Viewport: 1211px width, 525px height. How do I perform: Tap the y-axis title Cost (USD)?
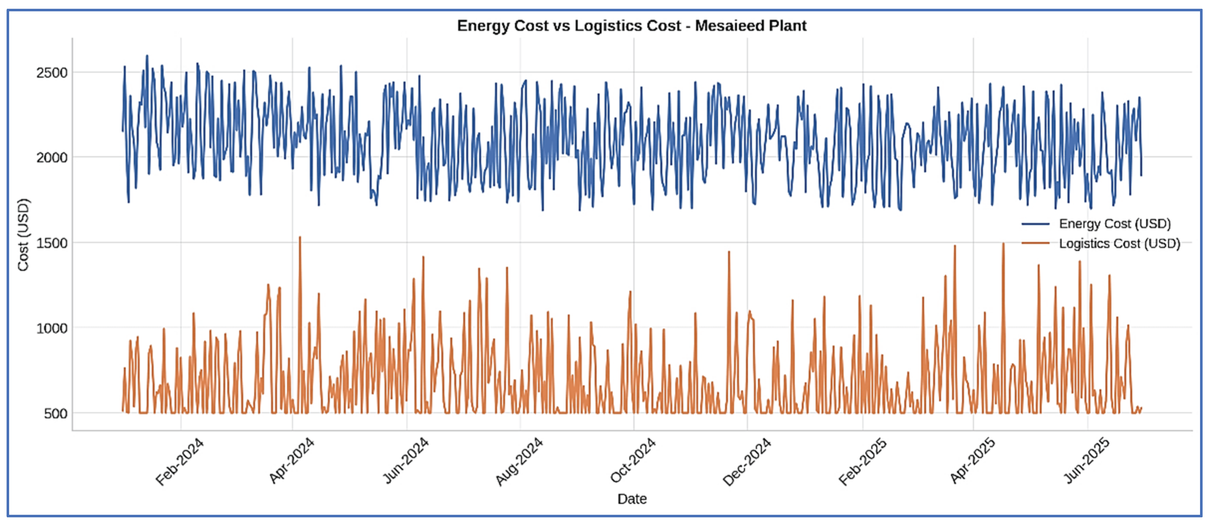23,235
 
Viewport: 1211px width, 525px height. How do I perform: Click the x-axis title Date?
632,499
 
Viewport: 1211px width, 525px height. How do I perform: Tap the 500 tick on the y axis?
56,414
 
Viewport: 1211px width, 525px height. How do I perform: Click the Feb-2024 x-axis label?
179,461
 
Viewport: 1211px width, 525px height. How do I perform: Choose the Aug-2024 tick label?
519,461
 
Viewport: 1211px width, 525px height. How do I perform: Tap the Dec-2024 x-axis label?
746,461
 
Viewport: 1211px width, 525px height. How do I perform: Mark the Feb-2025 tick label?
862,461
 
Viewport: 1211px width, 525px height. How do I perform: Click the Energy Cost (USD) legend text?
1115,224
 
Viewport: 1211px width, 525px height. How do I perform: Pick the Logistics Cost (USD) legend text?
1119,243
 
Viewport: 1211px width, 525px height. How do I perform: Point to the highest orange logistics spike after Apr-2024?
300,237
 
